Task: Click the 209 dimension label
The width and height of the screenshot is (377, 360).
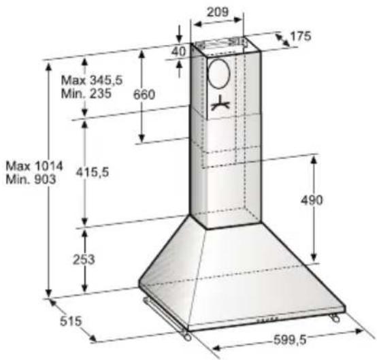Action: pos(218,12)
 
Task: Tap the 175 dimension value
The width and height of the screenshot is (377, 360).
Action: pos(301,36)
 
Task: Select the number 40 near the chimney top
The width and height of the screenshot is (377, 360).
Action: pos(179,51)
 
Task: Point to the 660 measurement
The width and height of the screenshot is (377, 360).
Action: pos(144,95)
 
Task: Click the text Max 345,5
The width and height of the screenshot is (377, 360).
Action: pos(92,80)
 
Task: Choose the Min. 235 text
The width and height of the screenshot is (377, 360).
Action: pos(86,93)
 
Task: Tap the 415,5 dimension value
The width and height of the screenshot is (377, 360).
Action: pos(93,172)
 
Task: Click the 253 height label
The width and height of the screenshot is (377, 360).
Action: pos(84,259)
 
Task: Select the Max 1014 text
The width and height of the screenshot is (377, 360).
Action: pos(34,166)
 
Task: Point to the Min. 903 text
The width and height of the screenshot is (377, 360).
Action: pos(31,179)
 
